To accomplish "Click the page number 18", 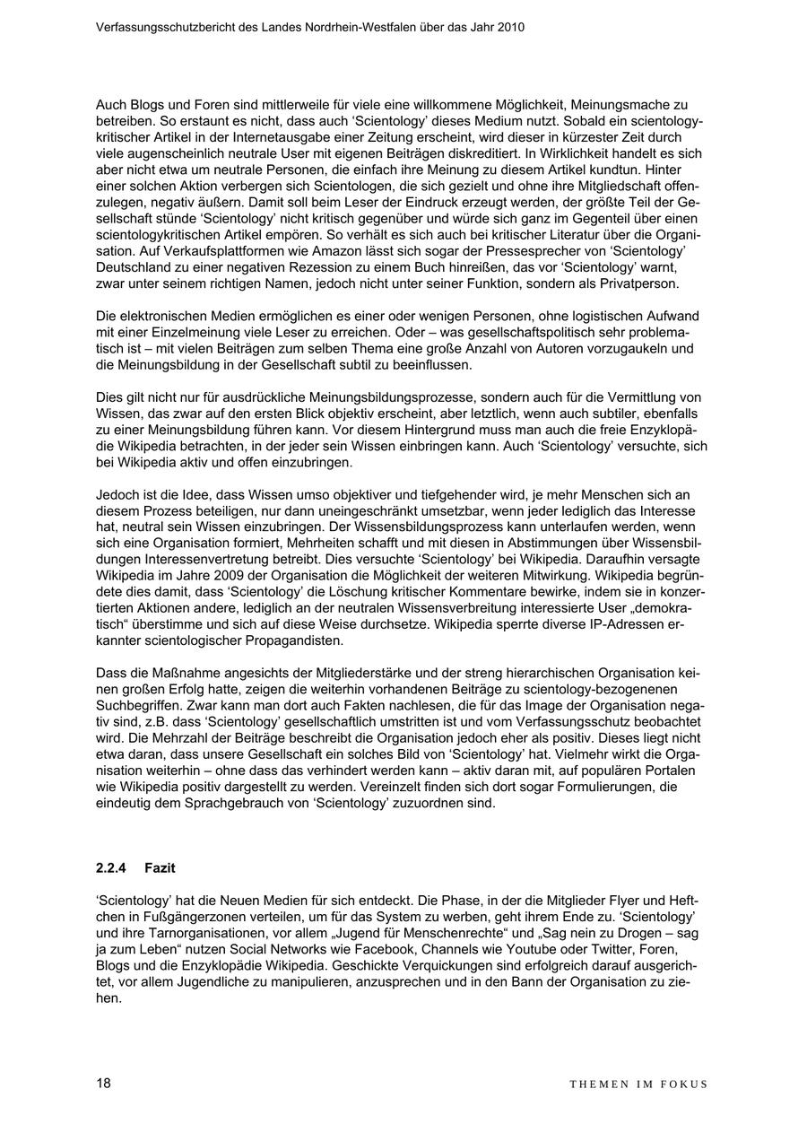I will [103, 1083].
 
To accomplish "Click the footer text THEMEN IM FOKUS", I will [638, 1084].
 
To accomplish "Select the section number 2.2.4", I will [111, 868].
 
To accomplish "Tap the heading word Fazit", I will [160, 868].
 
